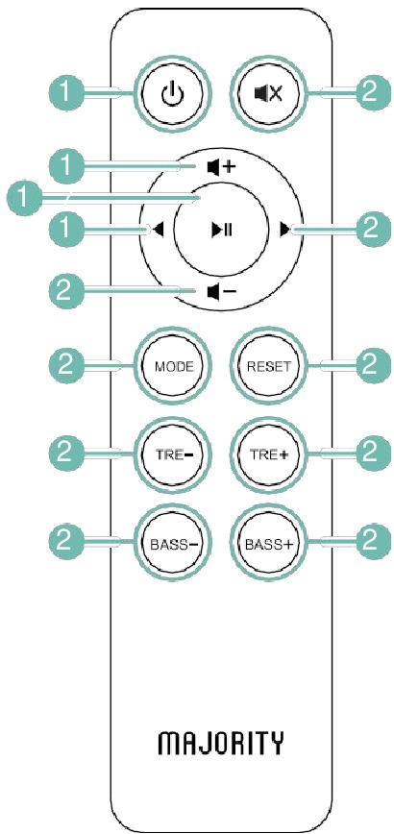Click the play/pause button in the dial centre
tap(220, 230)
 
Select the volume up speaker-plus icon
tap(220, 167)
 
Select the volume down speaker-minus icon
tap(220, 291)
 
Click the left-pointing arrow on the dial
tap(158, 231)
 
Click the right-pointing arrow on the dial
tap(285, 230)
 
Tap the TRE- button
tap(173, 454)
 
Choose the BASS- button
tap(173, 544)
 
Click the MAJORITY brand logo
tap(221, 743)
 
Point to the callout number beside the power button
tap(64, 94)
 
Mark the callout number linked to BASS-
tap(64, 544)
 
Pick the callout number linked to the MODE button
tap(64, 366)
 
